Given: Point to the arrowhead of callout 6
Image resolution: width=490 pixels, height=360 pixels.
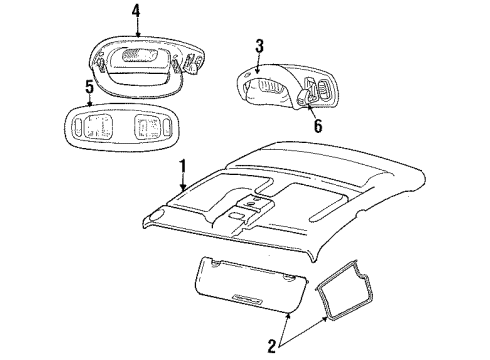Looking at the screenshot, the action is (306, 99).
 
